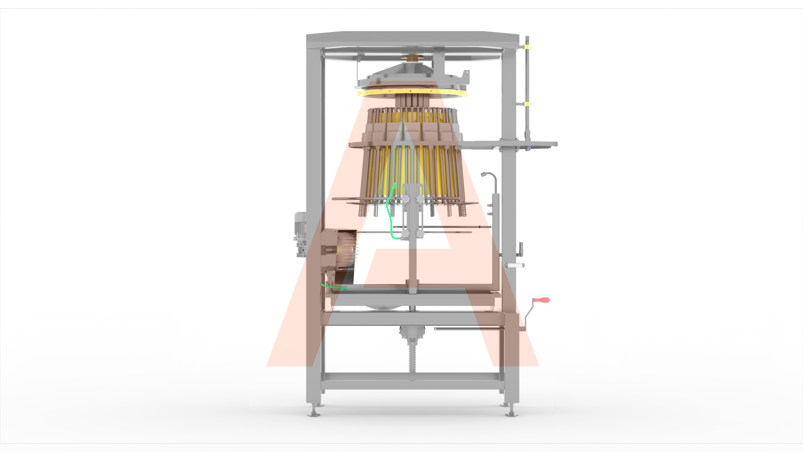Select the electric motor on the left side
(x=300, y=234)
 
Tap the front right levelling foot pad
(x=511, y=414)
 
